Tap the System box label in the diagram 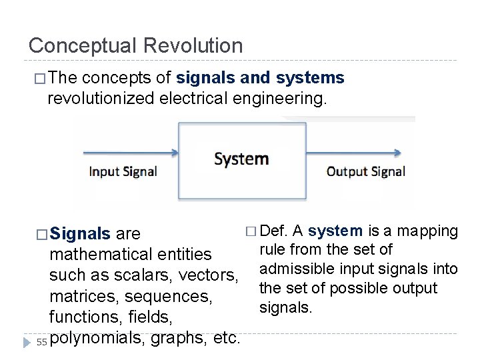(241, 159)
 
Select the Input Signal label (123, 171)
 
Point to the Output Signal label (365, 171)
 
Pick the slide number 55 (41, 342)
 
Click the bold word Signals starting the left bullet (80, 234)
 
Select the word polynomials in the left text (97, 338)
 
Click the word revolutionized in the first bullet (101, 99)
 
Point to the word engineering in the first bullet (283, 99)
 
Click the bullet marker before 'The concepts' (39, 79)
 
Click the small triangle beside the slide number (27, 342)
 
